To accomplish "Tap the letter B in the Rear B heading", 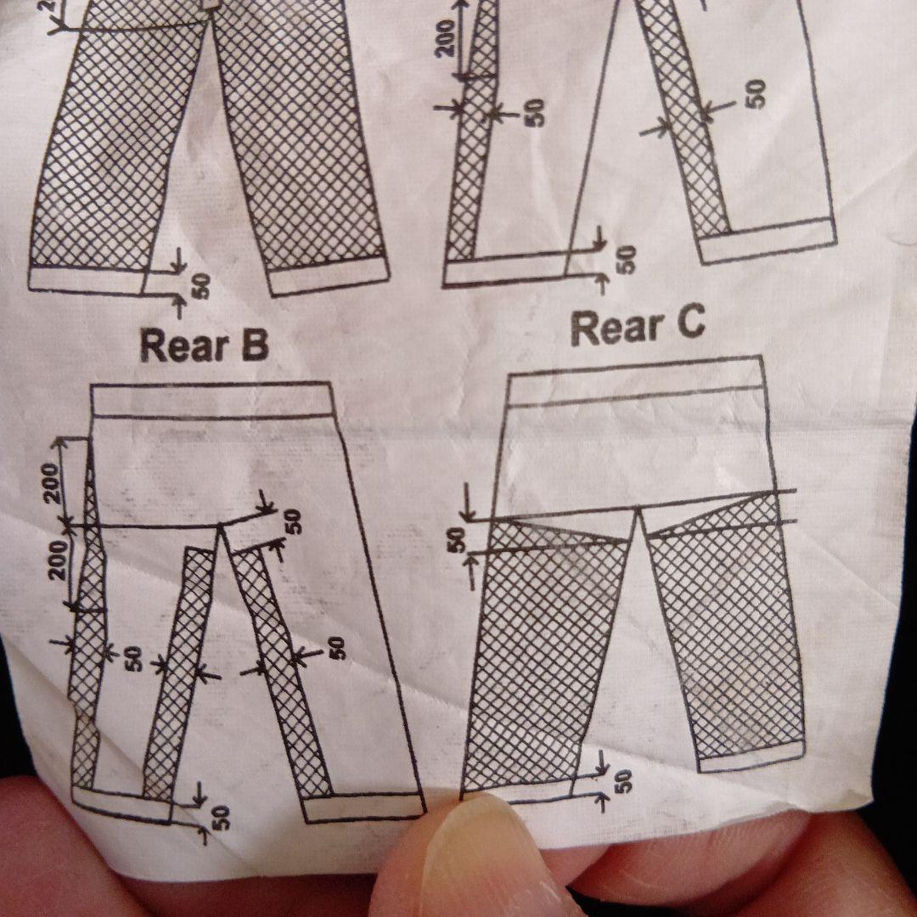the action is [x=255, y=345].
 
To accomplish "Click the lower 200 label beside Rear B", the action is [x=58, y=560].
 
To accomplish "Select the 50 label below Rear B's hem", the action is [x=221, y=817].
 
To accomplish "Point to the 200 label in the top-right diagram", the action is [x=447, y=38].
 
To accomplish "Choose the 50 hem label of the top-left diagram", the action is [x=200, y=286].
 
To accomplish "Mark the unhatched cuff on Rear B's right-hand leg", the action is [x=363, y=807].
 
